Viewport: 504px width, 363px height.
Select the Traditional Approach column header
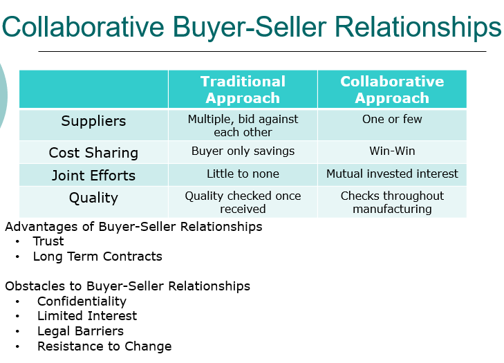(x=243, y=90)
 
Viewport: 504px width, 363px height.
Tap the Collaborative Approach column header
(x=392, y=90)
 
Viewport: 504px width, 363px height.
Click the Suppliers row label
(x=93, y=121)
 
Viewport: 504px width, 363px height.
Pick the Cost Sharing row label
(x=93, y=153)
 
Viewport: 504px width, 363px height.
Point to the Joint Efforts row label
(x=93, y=175)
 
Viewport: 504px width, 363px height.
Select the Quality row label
(x=93, y=198)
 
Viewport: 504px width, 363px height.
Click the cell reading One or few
(x=392, y=119)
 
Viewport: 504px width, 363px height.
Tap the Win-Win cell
(x=392, y=151)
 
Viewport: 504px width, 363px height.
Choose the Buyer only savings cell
(x=243, y=151)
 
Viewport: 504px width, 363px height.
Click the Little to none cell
(x=243, y=174)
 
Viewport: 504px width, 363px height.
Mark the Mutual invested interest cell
(x=392, y=174)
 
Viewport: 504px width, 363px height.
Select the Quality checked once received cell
(x=243, y=202)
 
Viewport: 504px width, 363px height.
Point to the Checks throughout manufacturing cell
(x=392, y=202)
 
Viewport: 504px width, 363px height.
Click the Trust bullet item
(x=48, y=241)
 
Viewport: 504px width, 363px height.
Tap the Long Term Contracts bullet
(x=97, y=257)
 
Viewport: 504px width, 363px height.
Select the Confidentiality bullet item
(x=82, y=301)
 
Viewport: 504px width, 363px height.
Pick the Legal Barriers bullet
(x=80, y=331)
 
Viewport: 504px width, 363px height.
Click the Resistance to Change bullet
(x=104, y=346)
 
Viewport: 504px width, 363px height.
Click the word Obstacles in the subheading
(x=32, y=286)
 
